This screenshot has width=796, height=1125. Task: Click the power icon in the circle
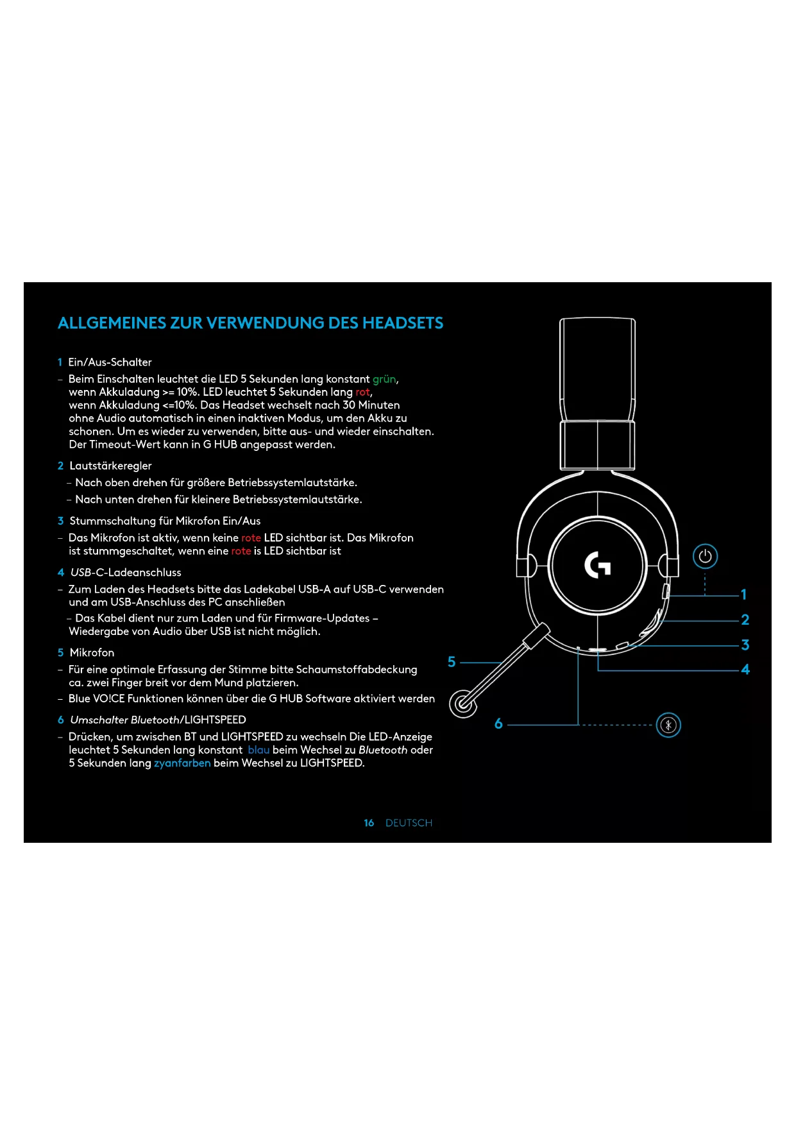[705, 556]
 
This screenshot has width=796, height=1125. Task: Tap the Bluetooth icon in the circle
[668, 725]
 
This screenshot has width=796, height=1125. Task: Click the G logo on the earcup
[597, 565]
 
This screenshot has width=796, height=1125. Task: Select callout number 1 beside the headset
[743, 595]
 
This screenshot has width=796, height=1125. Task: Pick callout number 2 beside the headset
[745, 620]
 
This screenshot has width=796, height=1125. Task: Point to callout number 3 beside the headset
[745, 645]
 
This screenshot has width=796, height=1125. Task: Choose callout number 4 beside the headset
[745, 670]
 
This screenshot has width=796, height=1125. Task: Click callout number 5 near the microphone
[452, 662]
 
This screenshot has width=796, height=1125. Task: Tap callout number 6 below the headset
[498, 724]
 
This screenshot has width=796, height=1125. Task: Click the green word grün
[384, 379]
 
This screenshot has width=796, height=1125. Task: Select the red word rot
[362, 392]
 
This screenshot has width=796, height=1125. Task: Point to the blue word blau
[258, 750]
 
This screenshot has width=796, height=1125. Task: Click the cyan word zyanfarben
[182, 763]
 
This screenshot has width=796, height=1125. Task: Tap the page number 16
[369, 823]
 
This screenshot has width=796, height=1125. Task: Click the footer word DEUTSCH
[409, 823]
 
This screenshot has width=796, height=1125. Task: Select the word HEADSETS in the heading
[403, 323]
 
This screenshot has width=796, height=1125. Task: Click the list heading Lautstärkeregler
[110, 466]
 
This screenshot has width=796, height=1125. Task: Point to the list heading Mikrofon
[92, 652]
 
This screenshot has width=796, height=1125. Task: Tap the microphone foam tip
[463, 704]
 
